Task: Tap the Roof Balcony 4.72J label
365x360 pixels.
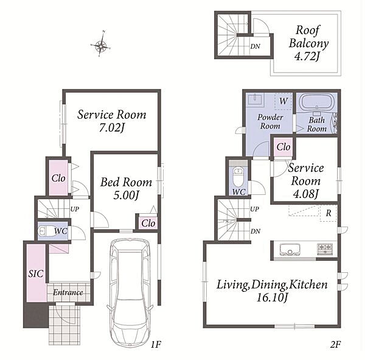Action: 308,43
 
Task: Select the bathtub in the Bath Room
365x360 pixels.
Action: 316,102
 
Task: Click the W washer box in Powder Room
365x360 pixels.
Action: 283,101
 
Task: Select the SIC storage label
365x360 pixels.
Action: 36,274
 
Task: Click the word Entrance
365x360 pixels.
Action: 68,292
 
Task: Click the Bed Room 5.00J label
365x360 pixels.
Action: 126,188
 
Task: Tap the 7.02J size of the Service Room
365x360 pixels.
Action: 112,127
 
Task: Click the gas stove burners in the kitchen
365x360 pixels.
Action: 325,249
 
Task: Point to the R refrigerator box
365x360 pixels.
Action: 328,213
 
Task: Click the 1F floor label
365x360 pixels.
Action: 156,344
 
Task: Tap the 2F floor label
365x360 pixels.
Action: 335,344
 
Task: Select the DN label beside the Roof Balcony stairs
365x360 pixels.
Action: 255,46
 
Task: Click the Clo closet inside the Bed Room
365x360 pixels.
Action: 148,223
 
